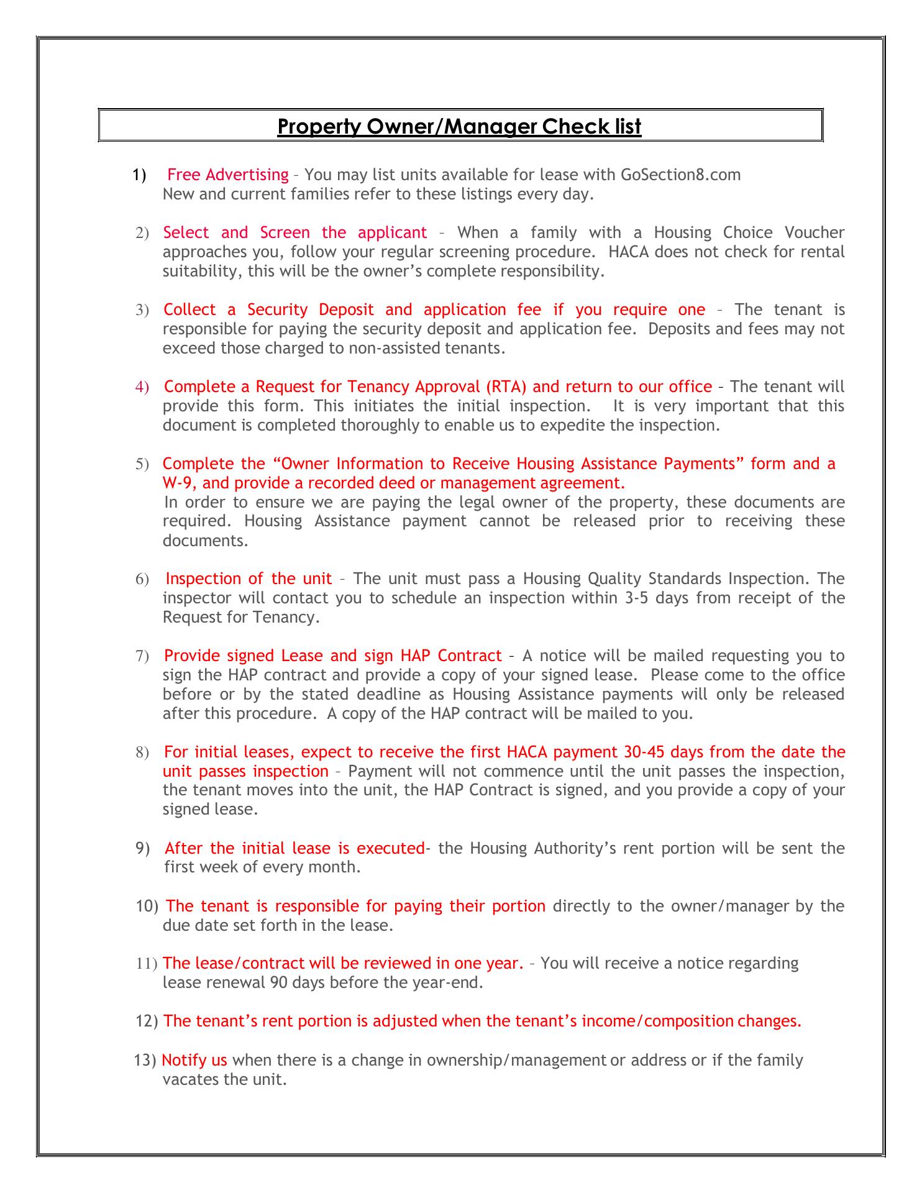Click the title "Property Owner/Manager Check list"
tap(459, 127)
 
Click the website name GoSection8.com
tap(680, 175)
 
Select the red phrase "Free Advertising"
tap(228, 175)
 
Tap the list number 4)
tap(142, 387)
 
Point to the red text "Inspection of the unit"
tap(249, 578)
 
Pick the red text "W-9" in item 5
tap(179, 483)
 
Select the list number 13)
tap(145, 1060)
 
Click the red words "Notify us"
tap(194, 1060)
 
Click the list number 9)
tap(143, 848)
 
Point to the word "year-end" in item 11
tap(455, 982)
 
